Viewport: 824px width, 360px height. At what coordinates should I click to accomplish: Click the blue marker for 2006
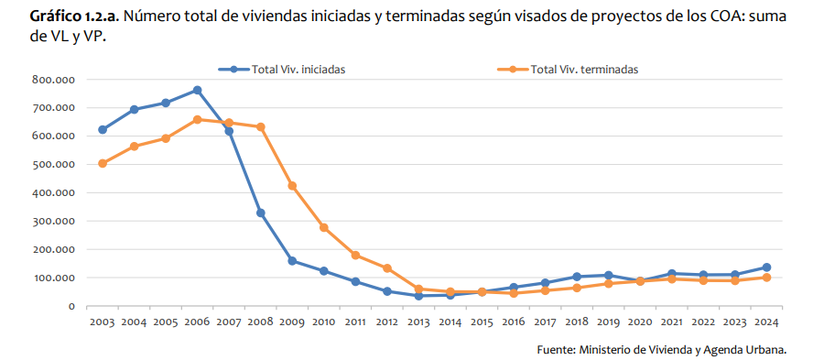(197, 90)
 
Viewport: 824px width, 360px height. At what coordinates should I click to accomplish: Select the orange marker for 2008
(261, 127)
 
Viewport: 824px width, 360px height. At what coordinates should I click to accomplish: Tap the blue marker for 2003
(102, 130)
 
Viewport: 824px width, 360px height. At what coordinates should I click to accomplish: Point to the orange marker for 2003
(102, 163)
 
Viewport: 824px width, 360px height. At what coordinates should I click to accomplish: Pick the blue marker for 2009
(292, 261)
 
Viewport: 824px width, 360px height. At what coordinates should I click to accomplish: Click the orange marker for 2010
(324, 227)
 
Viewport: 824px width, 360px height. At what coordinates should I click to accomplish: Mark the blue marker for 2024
(766, 267)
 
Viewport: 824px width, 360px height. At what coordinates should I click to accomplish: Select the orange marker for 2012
(387, 268)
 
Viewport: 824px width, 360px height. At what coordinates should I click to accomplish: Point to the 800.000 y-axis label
(52, 80)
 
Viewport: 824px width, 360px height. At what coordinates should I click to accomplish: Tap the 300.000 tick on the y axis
(52, 221)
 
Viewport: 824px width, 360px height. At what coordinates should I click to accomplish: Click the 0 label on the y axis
(70, 306)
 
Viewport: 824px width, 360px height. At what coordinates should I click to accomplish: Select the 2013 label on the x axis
(418, 322)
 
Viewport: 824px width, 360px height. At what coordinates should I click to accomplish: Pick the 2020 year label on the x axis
(640, 322)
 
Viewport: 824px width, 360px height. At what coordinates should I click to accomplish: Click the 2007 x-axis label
(228, 322)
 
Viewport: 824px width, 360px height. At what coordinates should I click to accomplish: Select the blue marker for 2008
(261, 213)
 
